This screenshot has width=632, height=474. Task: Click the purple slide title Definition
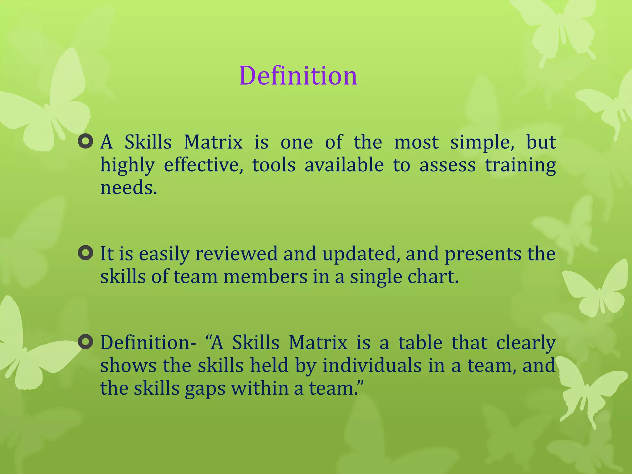298,76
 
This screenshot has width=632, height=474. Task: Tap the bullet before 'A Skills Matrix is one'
85,142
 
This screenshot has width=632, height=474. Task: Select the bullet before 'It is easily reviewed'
85,253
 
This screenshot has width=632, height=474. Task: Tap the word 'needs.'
129,188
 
